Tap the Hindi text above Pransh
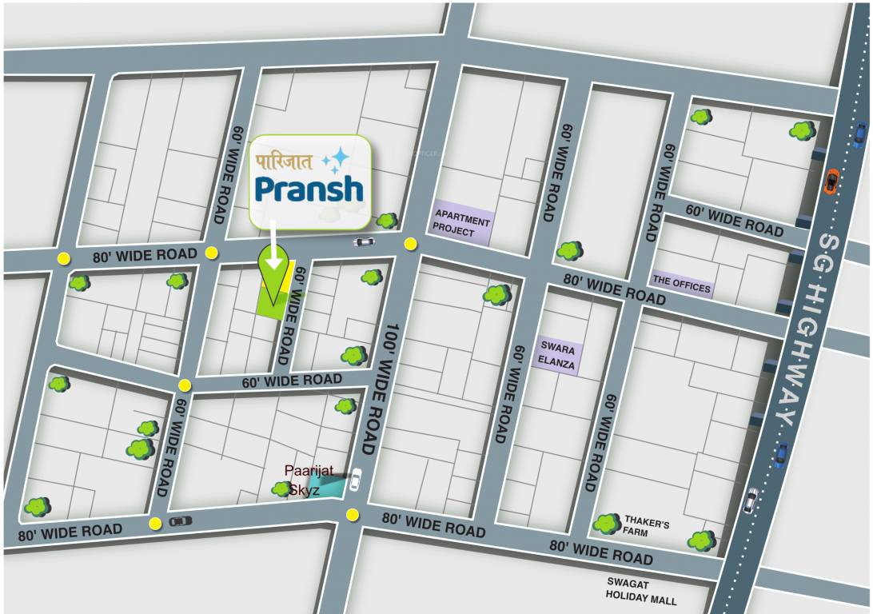(x=285, y=159)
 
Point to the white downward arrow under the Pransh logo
(x=274, y=248)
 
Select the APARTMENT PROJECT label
(x=462, y=221)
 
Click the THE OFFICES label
(x=681, y=285)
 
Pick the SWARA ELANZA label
(x=557, y=354)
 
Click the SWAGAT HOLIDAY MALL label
(x=640, y=592)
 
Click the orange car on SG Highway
(x=831, y=181)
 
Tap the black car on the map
(x=181, y=521)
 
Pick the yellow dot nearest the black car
(x=155, y=524)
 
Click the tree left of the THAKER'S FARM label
(x=606, y=524)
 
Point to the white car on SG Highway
(x=751, y=500)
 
